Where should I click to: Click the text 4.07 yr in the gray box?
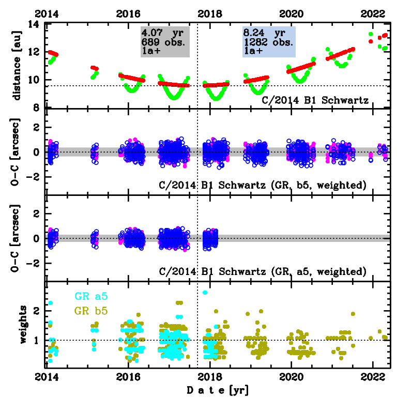[162, 32]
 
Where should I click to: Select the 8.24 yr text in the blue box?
[264, 32]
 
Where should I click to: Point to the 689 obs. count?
[163, 41]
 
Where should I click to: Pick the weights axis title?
[22, 325]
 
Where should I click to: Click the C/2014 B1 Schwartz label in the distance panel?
[322, 100]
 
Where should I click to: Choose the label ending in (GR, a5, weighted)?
[263, 271]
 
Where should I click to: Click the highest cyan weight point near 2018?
[205, 293]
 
